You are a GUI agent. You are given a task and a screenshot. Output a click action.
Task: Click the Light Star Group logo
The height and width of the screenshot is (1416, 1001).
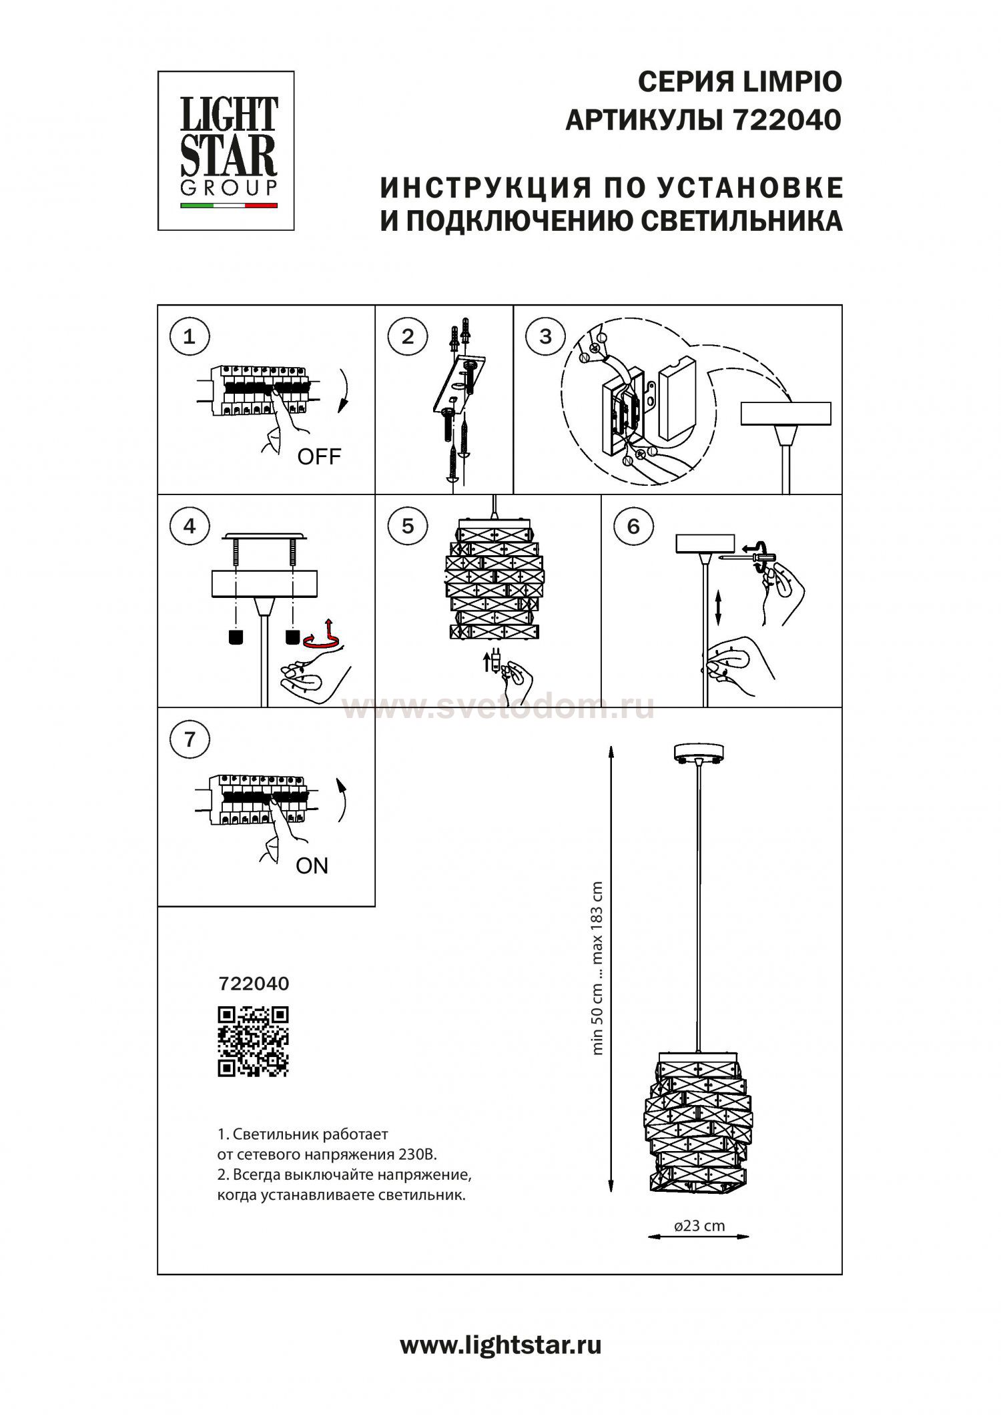pyautogui.click(x=226, y=151)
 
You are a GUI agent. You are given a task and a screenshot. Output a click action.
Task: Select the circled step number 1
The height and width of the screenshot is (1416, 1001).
pyautogui.click(x=190, y=336)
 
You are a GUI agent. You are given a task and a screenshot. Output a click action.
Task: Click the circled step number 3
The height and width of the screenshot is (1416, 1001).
pyautogui.click(x=545, y=336)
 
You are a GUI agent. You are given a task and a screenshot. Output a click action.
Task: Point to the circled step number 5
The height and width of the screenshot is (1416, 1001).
pyautogui.click(x=407, y=526)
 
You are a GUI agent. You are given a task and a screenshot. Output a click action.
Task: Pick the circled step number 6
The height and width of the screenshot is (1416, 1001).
pyautogui.click(x=633, y=526)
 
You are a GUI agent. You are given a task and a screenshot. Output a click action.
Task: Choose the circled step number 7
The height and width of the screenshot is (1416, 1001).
pyautogui.click(x=190, y=739)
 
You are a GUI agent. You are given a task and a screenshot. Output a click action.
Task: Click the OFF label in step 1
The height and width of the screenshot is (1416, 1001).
pyautogui.click(x=318, y=457)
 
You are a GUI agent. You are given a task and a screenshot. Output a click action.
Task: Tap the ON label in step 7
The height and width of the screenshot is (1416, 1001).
pyautogui.click(x=312, y=865)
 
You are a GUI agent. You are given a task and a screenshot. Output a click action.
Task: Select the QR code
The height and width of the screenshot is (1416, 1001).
pyautogui.click(x=254, y=1041)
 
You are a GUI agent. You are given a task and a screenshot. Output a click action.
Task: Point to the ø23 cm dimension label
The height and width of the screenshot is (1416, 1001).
pyautogui.click(x=699, y=1225)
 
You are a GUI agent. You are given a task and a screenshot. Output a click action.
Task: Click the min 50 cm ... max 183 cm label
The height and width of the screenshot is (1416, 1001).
pyautogui.click(x=597, y=968)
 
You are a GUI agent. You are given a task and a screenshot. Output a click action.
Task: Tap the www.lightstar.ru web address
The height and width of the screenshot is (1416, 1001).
pyautogui.click(x=500, y=1345)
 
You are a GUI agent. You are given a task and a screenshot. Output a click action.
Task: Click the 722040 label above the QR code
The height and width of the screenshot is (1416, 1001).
pyautogui.click(x=254, y=984)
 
